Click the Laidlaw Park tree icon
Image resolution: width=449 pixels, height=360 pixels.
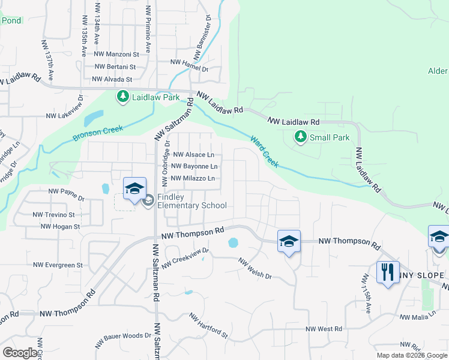[x=123, y=96]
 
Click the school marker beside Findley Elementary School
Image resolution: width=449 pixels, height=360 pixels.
[x=134, y=188]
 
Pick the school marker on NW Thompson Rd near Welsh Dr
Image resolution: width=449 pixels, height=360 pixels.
[x=289, y=241]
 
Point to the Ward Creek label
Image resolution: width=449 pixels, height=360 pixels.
[x=264, y=151]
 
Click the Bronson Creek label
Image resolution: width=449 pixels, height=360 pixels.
[x=98, y=133]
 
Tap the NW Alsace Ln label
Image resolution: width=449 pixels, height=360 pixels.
[x=193, y=155]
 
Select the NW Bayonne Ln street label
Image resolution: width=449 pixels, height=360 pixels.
[x=194, y=166]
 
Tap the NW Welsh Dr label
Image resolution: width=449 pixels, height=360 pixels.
[x=255, y=269]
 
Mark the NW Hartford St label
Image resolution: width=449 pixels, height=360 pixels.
[x=208, y=326]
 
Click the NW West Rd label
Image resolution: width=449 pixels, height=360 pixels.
[x=324, y=329]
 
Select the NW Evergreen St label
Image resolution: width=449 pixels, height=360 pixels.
[x=58, y=265]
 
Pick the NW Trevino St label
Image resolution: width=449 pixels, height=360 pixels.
[x=53, y=214]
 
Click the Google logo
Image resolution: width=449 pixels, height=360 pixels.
[x=20, y=353]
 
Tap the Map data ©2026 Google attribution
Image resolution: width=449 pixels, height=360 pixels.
[x=412, y=355]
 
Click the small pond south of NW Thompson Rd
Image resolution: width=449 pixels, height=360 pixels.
[x=233, y=244]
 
